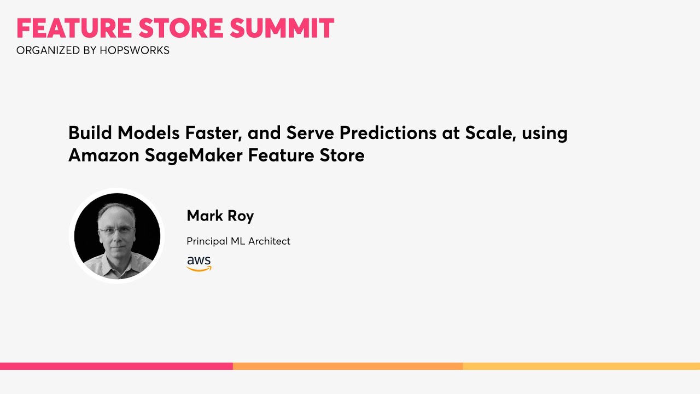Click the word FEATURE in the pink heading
(74, 28)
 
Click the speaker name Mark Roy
(220, 216)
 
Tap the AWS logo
(199, 263)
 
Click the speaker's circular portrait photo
(117, 236)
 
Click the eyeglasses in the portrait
(116, 230)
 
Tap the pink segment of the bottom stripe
(116, 366)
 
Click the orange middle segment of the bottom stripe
(348, 366)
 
